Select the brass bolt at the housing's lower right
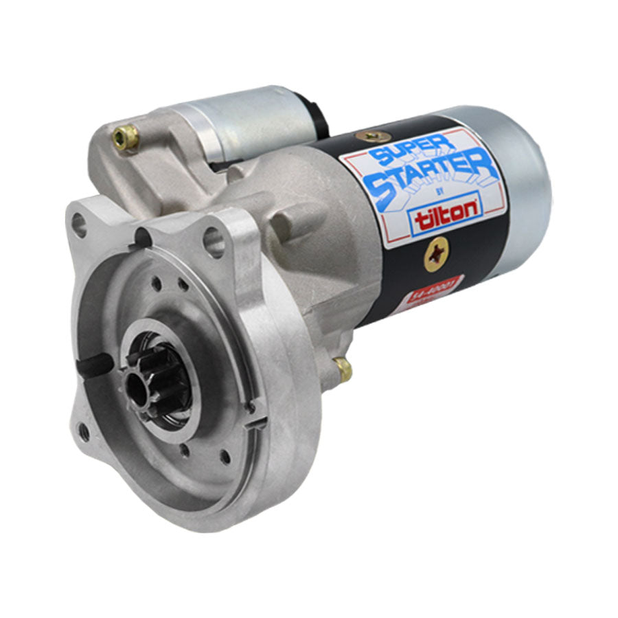[x=343, y=371]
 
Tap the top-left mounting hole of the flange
[x=78, y=224]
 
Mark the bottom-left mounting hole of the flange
[x=84, y=431]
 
